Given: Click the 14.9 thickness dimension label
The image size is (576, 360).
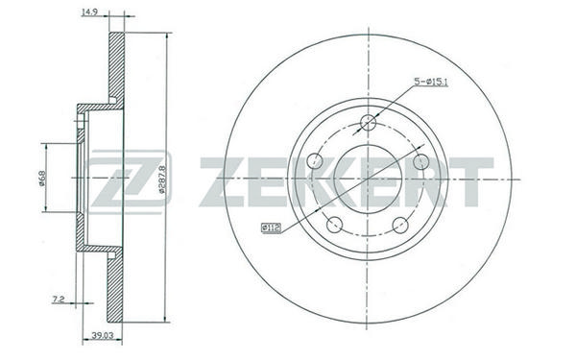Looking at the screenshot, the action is pos(88,12).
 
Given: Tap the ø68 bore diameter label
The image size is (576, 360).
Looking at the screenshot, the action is pos(42,179).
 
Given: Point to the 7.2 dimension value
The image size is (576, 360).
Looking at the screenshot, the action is pos(59,300).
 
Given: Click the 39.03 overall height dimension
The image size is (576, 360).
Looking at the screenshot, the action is pos(102,335).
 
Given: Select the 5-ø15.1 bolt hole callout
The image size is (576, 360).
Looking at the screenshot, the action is pos(431,82).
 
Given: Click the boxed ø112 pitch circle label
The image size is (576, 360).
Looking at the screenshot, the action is pos(271,228).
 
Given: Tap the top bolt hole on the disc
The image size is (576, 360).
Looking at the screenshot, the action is pos(368,122).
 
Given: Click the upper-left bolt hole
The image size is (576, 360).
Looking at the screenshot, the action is pos(314,161).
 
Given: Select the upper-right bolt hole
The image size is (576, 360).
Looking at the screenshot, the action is pos(421,161).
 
